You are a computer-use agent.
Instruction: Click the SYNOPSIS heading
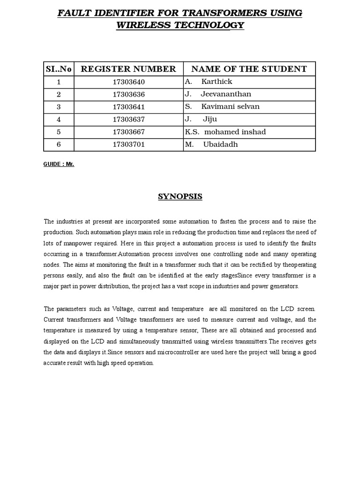(x=180, y=196)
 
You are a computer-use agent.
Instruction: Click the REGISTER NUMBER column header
(x=128, y=69)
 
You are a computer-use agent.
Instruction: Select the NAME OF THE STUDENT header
(x=249, y=69)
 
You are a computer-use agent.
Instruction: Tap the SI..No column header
(x=59, y=69)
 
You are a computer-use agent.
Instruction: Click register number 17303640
(x=128, y=82)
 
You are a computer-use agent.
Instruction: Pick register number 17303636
(x=128, y=94)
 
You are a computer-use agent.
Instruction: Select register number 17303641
(x=128, y=107)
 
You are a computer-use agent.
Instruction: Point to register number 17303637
(x=128, y=120)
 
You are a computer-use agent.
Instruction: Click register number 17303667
(x=128, y=132)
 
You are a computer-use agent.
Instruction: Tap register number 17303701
(x=128, y=144)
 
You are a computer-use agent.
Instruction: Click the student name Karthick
(x=217, y=82)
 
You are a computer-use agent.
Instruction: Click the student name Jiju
(x=210, y=120)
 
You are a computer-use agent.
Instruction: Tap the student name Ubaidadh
(x=220, y=144)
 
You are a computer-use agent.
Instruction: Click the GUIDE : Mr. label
(x=59, y=165)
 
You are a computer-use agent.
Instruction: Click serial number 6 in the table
(x=59, y=144)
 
